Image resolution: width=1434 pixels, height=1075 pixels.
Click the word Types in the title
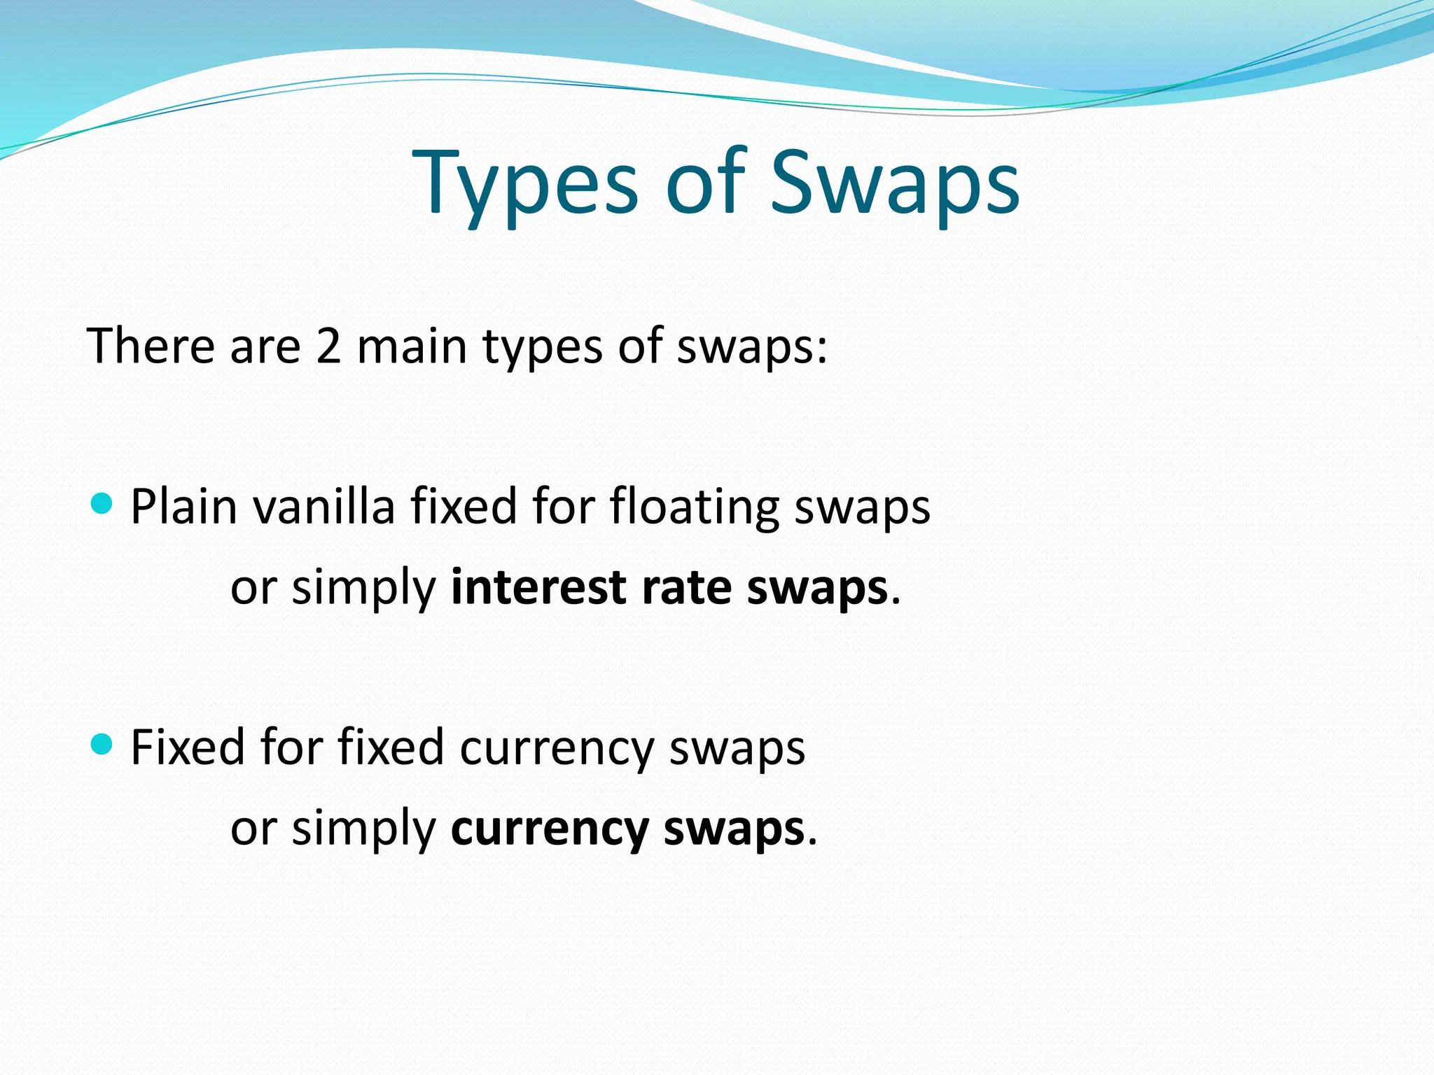(525, 183)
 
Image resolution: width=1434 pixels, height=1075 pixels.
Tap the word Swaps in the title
(895, 183)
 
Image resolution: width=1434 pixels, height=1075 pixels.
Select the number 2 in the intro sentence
(328, 346)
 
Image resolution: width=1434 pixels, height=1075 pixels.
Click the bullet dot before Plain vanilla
(102, 503)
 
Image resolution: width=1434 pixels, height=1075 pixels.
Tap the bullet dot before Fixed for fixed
(102, 744)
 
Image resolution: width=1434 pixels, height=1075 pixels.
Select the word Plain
(184, 507)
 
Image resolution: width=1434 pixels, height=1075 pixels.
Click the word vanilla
(324, 507)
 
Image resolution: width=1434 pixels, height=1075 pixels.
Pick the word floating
(695, 507)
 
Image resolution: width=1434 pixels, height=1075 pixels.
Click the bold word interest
(538, 587)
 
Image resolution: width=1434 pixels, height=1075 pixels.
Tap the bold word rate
(685, 587)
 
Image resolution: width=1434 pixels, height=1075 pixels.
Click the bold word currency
(550, 830)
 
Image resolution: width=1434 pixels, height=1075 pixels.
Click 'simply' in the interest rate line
(364, 589)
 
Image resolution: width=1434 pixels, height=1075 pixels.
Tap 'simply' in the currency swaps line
(364, 830)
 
